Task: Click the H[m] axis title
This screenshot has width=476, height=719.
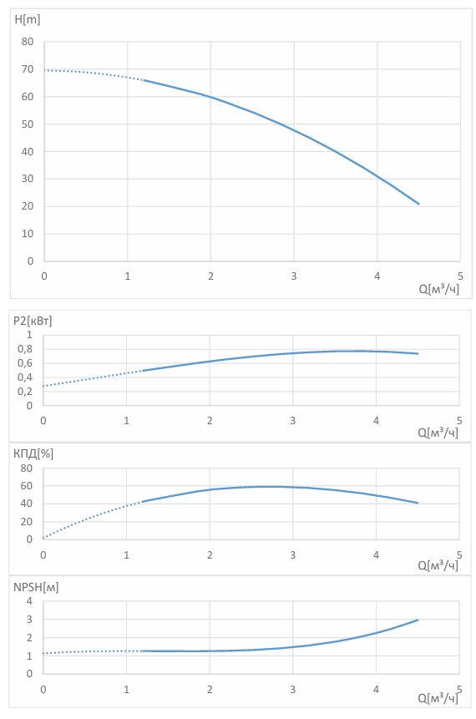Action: point(28,20)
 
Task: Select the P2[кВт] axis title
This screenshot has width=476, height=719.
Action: point(33,321)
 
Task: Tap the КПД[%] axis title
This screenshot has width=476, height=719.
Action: point(33,454)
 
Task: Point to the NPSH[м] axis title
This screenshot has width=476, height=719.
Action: point(36,587)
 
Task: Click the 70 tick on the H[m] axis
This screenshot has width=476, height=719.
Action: point(28,69)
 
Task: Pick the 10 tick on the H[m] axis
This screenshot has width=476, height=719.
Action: point(28,234)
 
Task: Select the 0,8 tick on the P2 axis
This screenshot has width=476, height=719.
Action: point(25,349)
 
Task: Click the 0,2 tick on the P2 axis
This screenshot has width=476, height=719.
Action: point(25,392)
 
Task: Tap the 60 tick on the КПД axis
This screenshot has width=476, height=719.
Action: point(27,486)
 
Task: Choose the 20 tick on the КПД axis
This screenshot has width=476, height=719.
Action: point(27,522)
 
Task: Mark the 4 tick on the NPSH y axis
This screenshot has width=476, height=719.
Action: point(29,601)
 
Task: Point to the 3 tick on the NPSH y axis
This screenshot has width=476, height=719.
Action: point(29,620)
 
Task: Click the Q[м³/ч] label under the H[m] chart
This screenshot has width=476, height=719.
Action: point(439,289)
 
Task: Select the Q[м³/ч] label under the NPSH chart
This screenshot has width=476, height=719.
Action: point(438,698)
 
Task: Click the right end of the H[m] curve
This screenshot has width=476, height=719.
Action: point(418,204)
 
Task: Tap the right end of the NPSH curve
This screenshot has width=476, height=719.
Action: point(418,620)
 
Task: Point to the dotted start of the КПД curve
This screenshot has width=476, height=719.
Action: point(43,538)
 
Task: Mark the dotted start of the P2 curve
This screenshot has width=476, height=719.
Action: point(43,386)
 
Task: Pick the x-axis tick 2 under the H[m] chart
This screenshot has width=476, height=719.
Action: point(211,276)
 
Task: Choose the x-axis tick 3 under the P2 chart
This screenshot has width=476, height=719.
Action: point(292,421)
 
